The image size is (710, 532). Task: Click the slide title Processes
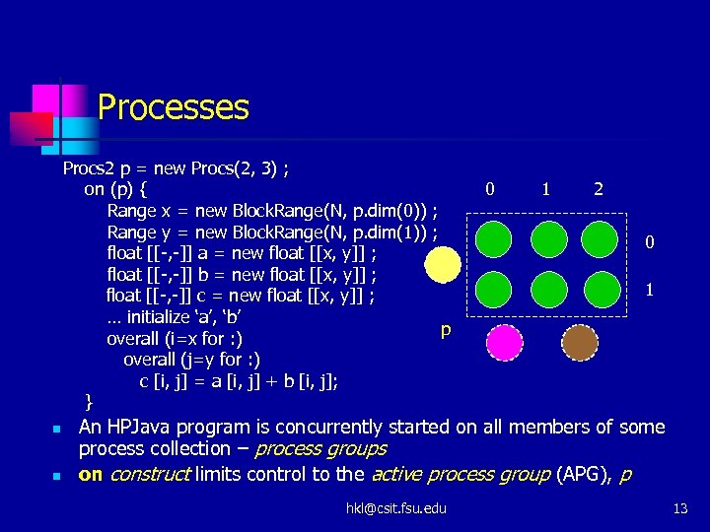coord(173,106)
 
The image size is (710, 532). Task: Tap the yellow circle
coord(443,263)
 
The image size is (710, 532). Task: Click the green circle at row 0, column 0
coord(494,238)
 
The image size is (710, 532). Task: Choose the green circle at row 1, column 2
coord(601,289)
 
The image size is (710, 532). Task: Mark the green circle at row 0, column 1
coord(547,238)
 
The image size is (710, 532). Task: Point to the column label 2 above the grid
coord(599,189)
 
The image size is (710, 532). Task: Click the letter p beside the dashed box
coord(446,330)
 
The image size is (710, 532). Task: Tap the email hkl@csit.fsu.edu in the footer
coord(395,507)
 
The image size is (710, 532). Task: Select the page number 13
coord(678,507)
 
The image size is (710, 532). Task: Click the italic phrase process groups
coord(320,449)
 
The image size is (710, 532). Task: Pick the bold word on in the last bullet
coord(91,474)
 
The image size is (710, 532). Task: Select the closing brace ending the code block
coord(89,401)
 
